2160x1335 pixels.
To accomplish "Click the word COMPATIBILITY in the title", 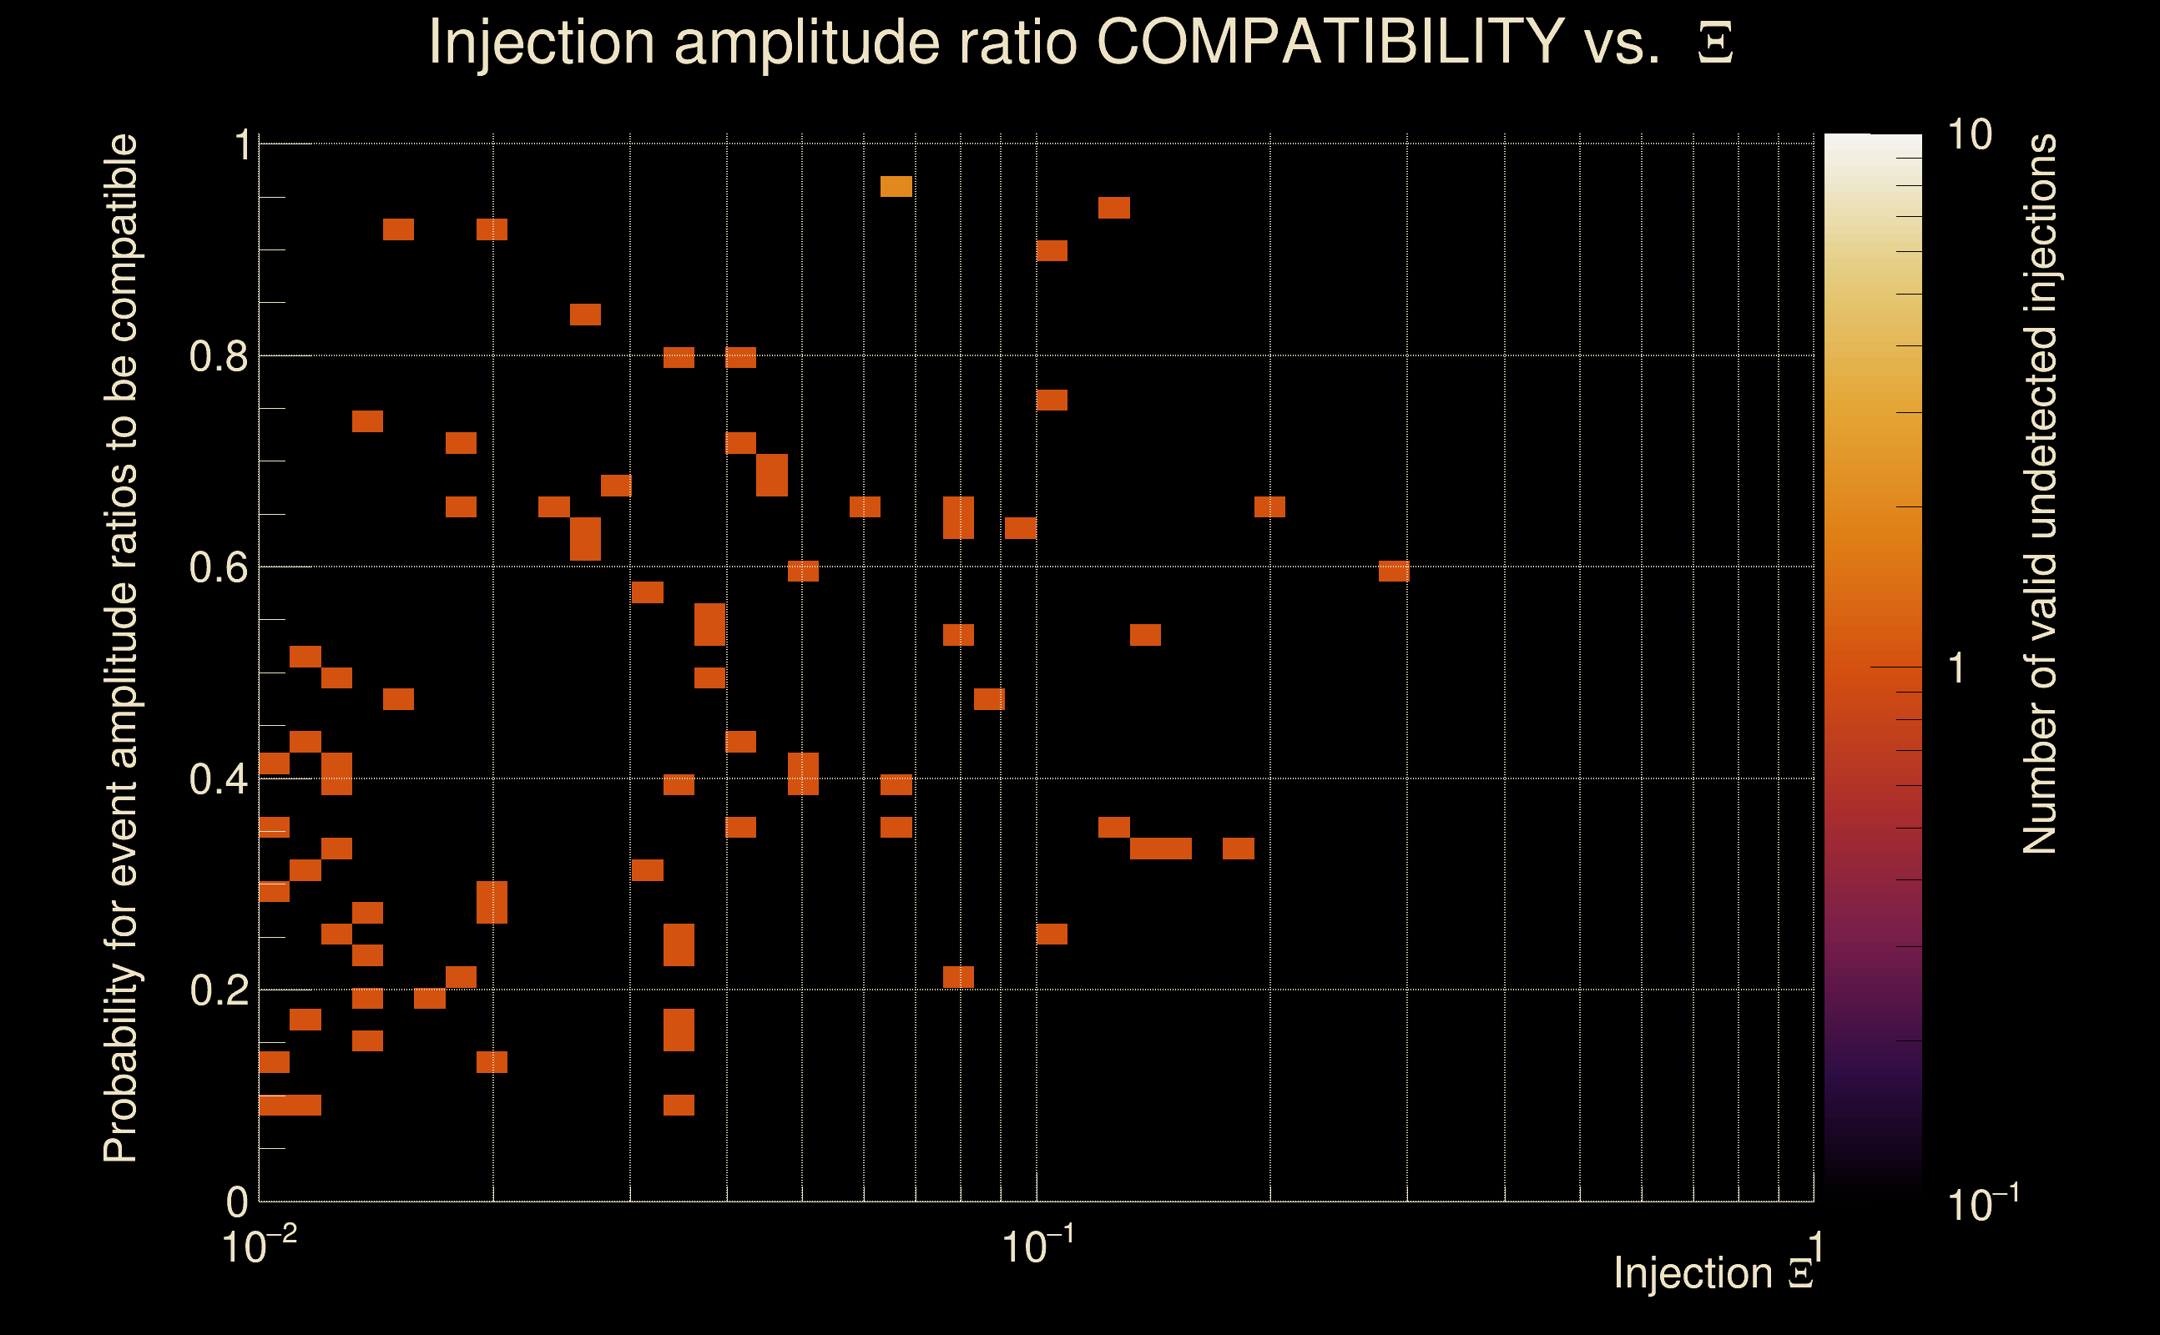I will [1330, 42].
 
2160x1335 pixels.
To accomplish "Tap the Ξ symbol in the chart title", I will [1715, 43].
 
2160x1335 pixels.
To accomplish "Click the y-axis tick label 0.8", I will [219, 357].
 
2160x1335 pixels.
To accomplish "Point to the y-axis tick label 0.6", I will [219, 567].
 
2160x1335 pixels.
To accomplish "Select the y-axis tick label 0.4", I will [219, 779].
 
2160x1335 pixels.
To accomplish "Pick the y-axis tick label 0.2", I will [219, 990].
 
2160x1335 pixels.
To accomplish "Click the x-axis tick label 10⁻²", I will [259, 1246].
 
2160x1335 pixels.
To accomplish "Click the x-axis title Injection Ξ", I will [1713, 1274].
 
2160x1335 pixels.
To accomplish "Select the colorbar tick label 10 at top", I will [1969, 136].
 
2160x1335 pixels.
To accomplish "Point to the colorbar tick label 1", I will [1957, 668].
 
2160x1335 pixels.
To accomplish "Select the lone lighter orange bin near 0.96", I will [896, 186].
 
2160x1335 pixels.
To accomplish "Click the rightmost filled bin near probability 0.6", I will [1394, 572].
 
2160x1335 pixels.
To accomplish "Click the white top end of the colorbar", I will [1872, 141].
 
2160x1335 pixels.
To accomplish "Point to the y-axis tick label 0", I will [238, 1201].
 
